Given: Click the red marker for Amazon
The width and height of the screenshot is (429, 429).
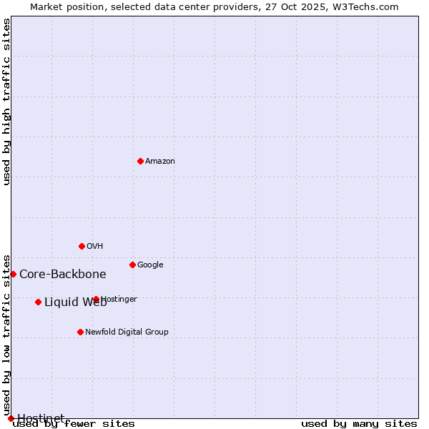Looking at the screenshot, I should (140, 161).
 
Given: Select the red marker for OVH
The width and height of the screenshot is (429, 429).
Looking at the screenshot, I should (82, 246).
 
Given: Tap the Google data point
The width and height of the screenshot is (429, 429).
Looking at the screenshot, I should (132, 265).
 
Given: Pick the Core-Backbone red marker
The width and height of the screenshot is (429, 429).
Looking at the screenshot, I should (13, 274).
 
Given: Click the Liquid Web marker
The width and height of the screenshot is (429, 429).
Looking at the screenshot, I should (38, 302).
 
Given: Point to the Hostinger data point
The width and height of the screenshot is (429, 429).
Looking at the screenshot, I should (96, 299).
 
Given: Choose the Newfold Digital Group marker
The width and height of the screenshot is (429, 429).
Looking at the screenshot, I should (80, 332).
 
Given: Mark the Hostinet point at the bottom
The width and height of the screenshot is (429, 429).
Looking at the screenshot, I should (11, 418).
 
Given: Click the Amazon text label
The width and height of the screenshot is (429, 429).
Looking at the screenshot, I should (160, 161).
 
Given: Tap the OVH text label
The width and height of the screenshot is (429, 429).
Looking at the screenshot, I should (95, 246).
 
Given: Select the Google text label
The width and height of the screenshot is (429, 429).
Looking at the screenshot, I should (150, 265).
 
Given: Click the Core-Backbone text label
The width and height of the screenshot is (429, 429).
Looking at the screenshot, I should (63, 274).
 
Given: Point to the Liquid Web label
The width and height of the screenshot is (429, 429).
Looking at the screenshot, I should (75, 302).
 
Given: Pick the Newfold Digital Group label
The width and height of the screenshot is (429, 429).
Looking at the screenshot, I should (127, 332).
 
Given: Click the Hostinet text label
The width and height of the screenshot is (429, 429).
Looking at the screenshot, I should (41, 418).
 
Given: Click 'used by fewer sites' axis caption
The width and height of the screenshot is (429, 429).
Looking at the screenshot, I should (74, 424).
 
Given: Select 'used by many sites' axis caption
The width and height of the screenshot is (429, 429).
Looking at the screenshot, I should (359, 424).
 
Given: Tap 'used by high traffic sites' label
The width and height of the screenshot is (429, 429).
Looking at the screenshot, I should (6, 102).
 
